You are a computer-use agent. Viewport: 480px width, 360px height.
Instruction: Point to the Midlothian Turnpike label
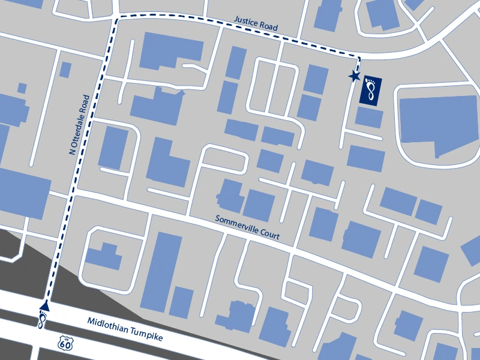125,330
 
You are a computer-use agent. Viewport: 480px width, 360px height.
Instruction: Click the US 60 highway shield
65,343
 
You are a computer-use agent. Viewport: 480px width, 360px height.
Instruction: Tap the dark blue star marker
354,76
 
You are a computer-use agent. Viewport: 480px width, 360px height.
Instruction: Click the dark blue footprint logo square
371,91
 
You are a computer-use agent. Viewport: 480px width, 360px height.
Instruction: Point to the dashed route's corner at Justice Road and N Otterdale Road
115,20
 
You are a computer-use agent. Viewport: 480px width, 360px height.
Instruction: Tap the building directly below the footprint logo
368,118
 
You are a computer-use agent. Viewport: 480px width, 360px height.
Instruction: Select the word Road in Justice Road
269,27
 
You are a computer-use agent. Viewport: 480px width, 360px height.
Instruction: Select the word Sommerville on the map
236,225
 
